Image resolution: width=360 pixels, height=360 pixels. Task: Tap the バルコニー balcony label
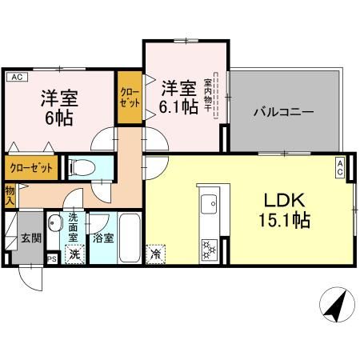284,112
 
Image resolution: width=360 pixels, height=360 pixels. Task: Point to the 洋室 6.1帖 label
178,95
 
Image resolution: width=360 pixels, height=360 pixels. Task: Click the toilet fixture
81,167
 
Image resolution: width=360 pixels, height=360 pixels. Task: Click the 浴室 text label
102,238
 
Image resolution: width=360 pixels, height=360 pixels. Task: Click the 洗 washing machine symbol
74,254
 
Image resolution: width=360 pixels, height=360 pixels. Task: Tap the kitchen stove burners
208,246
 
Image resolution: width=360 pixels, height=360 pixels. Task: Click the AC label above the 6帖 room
17,77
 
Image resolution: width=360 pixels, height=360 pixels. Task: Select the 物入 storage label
10,194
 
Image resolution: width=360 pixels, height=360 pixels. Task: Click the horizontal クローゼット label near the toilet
33,168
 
